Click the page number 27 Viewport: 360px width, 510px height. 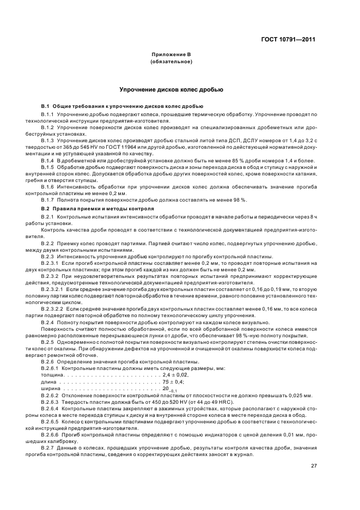314,465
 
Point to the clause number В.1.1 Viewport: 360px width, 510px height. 48,114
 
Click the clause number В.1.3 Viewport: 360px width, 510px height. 48,140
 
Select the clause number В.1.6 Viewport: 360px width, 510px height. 48,186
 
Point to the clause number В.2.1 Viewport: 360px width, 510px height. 48,217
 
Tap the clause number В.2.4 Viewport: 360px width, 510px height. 48,323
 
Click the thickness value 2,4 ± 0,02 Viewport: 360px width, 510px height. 175,375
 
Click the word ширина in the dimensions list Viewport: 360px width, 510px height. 50,388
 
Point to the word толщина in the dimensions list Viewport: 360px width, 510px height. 51,375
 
